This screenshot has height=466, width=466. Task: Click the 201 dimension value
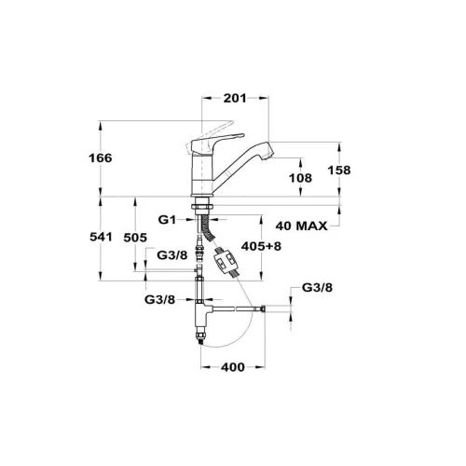tap(235, 98)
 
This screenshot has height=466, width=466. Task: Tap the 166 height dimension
tap(101, 158)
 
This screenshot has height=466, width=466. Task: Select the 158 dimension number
tap(339, 171)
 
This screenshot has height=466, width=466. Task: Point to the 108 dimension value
tap(300, 178)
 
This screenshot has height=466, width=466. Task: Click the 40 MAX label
tap(301, 226)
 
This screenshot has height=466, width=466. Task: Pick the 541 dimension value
tap(101, 237)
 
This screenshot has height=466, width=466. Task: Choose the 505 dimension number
tap(135, 238)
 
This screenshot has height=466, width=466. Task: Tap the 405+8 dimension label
tap(261, 246)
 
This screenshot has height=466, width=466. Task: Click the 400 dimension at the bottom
tap(233, 367)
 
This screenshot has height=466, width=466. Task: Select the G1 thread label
tap(167, 220)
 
